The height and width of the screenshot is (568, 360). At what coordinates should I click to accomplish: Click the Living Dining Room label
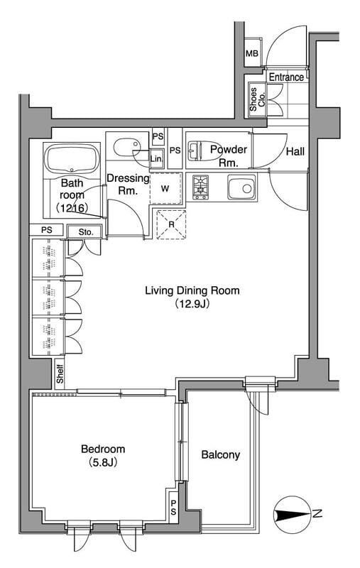point(192,290)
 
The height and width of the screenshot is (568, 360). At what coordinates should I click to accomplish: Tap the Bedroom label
point(103,449)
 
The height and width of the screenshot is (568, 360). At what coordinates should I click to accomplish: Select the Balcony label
point(221,455)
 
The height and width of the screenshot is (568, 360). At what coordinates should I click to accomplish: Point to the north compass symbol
point(293,514)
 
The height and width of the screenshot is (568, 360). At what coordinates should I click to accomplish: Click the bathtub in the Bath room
point(72,158)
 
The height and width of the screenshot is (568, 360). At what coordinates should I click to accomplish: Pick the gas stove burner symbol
point(200,187)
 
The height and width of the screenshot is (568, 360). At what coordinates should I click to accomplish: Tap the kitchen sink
point(242,187)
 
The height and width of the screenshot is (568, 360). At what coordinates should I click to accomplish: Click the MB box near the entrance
point(252,53)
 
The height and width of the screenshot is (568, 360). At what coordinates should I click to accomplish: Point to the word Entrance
point(286,77)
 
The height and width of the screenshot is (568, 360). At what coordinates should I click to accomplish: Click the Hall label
point(295,151)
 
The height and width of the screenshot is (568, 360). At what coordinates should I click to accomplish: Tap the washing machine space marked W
point(165,188)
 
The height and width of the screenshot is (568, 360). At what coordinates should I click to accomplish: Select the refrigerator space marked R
point(171,224)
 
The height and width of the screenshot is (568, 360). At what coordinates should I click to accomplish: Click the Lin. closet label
point(156,158)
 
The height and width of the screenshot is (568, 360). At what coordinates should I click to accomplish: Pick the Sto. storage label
point(86,232)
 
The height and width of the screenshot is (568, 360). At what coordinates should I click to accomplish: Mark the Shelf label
point(60,374)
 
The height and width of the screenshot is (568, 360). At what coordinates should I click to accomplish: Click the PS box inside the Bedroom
point(173,507)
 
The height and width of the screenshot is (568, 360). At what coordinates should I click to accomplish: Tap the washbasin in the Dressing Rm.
point(125,148)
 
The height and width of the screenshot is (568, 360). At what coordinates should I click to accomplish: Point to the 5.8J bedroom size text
point(103,463)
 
